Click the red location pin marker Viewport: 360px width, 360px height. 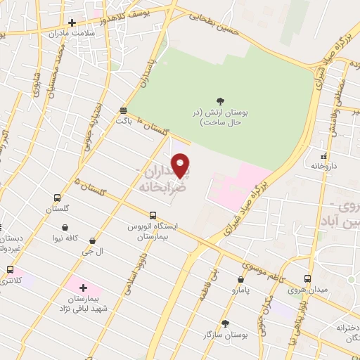(181, 166)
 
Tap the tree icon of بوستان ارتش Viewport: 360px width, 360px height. (220, 102)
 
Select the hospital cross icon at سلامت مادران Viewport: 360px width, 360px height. (72, 22)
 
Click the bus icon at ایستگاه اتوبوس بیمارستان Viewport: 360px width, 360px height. (153, 215)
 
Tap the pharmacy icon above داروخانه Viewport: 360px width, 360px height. (323, 156)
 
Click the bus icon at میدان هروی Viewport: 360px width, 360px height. (307, 278)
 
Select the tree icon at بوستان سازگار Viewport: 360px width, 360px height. (226, 323)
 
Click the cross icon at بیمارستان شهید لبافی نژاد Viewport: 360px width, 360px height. (83, 288)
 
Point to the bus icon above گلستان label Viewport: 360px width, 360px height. (57, 198)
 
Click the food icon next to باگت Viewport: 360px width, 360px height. (123, 110)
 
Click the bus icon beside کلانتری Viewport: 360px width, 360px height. (10, 269)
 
